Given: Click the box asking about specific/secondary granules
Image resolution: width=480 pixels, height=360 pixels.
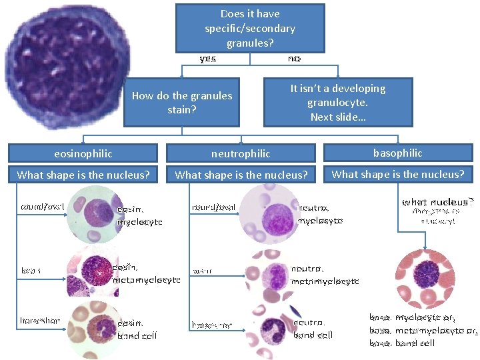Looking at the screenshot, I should click(x=250, y=28).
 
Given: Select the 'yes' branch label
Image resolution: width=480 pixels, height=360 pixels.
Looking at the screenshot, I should click(x=208, y=59).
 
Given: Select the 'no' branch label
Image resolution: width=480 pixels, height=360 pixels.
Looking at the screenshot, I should click(x=294, y=59).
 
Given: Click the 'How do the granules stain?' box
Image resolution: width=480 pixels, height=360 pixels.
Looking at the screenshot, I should click(x=182, y=102).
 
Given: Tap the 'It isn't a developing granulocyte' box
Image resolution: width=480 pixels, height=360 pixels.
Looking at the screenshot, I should click(x=338, y=102).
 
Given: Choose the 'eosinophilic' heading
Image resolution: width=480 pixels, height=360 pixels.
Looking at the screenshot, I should click(x=83, y=153).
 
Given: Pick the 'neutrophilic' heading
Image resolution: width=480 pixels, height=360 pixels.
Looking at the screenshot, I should click(x=241, y=153).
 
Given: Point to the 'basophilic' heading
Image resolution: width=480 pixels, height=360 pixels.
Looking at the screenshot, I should click(x=397, y=153).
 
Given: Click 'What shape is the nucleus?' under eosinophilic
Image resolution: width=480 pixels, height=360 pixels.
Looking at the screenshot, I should click(x=83, y=175).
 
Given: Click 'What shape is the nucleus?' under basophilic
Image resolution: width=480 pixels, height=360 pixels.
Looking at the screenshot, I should click(x=397, y=175).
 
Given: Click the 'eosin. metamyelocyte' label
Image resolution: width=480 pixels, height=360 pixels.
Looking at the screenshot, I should click(x=146, y=273).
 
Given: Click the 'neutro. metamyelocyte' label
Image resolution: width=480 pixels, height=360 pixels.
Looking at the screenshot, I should click(x=325, y=275).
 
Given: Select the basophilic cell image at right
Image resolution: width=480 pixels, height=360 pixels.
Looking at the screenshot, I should click(x=424, y=275).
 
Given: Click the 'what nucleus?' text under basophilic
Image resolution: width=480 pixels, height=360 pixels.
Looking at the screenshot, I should click(x=437, y=202).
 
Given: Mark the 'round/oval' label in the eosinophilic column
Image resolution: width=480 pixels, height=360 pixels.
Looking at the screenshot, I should click(x=43, y=206).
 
